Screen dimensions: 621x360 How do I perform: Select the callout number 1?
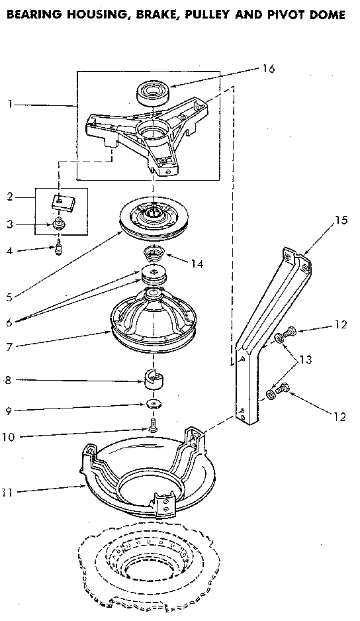click(x=11, y=105)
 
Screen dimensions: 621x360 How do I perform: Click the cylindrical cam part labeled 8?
click(x=154, y=381)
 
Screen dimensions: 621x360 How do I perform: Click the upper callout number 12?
click(x=341, y=324)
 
